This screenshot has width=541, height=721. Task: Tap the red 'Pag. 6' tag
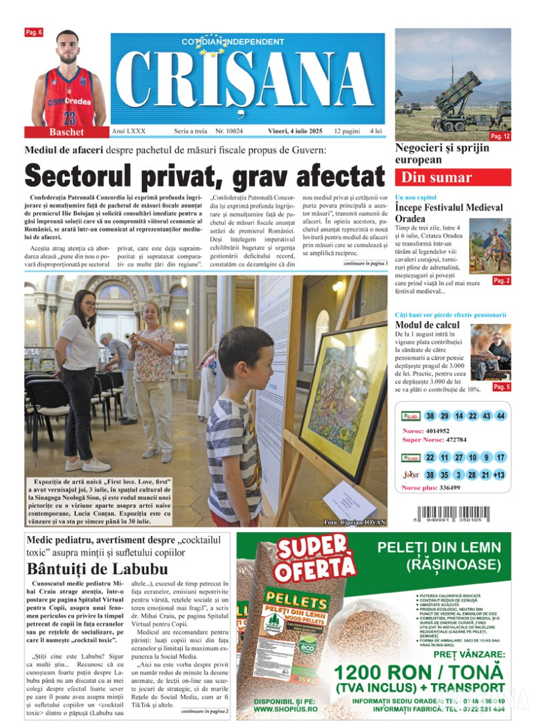(33, 32)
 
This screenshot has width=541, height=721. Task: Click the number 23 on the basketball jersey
(69, 117)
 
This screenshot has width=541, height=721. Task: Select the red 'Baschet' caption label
(67, 132)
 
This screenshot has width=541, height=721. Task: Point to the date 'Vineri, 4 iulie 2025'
(297, 132)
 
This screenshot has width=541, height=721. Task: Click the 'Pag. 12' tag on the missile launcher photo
(500, 136)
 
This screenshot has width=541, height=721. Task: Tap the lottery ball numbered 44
(501, 416)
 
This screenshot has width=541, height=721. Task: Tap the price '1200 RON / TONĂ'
(418, 672)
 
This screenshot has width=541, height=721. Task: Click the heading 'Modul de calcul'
(423, 324)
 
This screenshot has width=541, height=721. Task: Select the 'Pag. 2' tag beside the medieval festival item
(501, 281)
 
